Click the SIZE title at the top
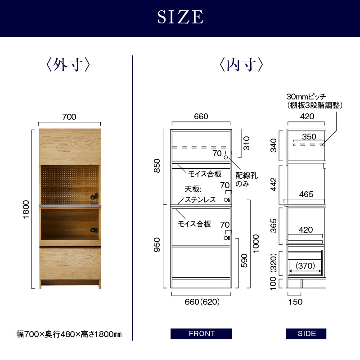tap(180, 17)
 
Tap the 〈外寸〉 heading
tap(68, 64)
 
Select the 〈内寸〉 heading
tap(241, 64)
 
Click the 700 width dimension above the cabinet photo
tap(69, 117)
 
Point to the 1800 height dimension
tap(26, 209)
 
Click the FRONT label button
tap(201, 333)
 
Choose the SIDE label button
tap(306, 333)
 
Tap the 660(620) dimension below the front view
tap(202, 301)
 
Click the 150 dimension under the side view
tap(296, 301)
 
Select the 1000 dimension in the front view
tap(256, 243)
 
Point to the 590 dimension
tap(244, 261)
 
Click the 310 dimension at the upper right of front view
tap(246, 143)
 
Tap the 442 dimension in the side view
tap(274, 184)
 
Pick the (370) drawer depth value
tap(305, 265)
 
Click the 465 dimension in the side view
tap(306, 194)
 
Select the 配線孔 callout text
tap(247, 175)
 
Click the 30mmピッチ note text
tap(306, 96)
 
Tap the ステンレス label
tap(200, 199)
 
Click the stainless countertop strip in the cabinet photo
tap(70, 206)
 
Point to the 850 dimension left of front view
tap(157, 166)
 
